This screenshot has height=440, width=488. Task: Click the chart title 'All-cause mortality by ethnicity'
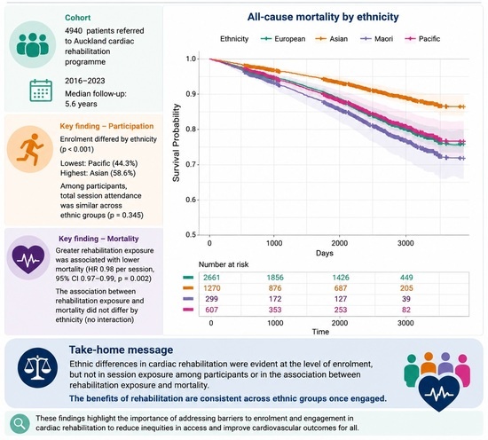[323, 17]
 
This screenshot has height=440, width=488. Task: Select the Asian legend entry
[332, 39]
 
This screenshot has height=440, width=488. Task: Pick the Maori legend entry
[376, 39]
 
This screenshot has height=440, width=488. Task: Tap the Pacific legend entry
[422, 39]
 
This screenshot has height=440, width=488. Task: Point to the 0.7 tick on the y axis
[191, 164]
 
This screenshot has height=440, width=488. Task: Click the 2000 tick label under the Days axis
[339, 243]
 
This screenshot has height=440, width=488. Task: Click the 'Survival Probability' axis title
[177, 143]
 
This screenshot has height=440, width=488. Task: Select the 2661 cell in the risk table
[212, 278]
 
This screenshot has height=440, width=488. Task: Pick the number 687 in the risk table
[341, 288]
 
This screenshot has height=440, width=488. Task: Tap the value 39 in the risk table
[406, 299]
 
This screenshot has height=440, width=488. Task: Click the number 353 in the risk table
[275, 310]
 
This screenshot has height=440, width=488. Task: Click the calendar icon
[41, 90]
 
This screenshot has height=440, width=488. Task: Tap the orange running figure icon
[30, 149]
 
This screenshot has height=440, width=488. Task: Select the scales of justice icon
[37, 368]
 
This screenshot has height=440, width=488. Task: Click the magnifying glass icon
[20, 423]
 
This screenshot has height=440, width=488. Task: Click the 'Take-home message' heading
[121, 350]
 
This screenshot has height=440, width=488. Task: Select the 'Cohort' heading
[78, 18]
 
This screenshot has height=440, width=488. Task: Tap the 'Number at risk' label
[224, 264]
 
